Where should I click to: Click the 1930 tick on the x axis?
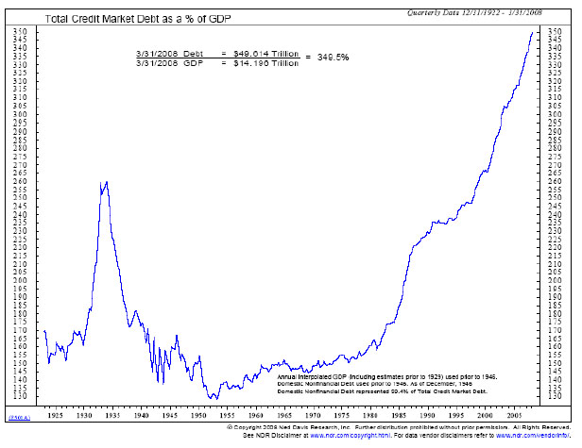click(x=85, y=414)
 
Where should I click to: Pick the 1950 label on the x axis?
click(x=198, y=414)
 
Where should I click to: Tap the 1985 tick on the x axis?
click(x=399, y=414)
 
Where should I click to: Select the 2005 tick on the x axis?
click(x=513, y=414)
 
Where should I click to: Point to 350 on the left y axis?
click(x=20, y=31)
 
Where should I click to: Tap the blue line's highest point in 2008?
click(x=531, y=32)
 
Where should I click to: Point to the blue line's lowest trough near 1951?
click(x=214, y=398)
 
